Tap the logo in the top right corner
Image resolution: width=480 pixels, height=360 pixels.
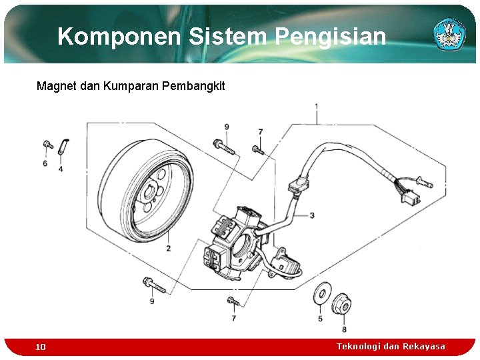point(449,34)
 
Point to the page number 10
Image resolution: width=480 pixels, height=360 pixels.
point(41,347)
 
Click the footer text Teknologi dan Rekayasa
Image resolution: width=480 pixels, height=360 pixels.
point(391,346)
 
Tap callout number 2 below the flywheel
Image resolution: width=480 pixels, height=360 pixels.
point(168,248)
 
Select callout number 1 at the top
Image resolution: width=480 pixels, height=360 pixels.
point(316,107)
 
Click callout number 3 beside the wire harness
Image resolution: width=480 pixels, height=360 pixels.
point(312,215)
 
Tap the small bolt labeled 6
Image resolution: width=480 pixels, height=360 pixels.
point(48,145)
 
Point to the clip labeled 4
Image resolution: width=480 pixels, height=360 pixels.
point(64,147)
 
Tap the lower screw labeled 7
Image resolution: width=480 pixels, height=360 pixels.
point(233,301)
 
